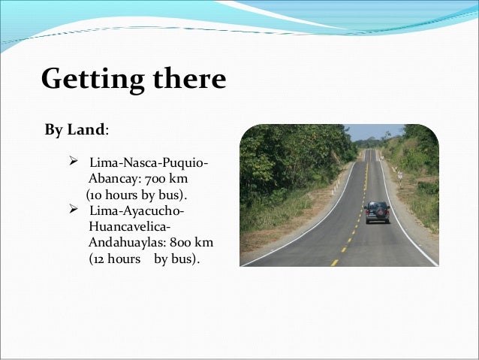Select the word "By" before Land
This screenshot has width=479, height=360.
[54, 130]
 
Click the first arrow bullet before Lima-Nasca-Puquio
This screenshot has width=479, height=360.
[74, 163]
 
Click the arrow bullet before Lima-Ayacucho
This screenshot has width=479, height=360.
[74, 208]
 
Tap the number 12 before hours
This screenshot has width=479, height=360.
[99, 259]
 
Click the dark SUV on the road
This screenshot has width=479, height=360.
[377, 212]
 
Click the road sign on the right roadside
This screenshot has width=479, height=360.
[399, 174]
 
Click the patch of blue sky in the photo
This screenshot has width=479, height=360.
[368, 132]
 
